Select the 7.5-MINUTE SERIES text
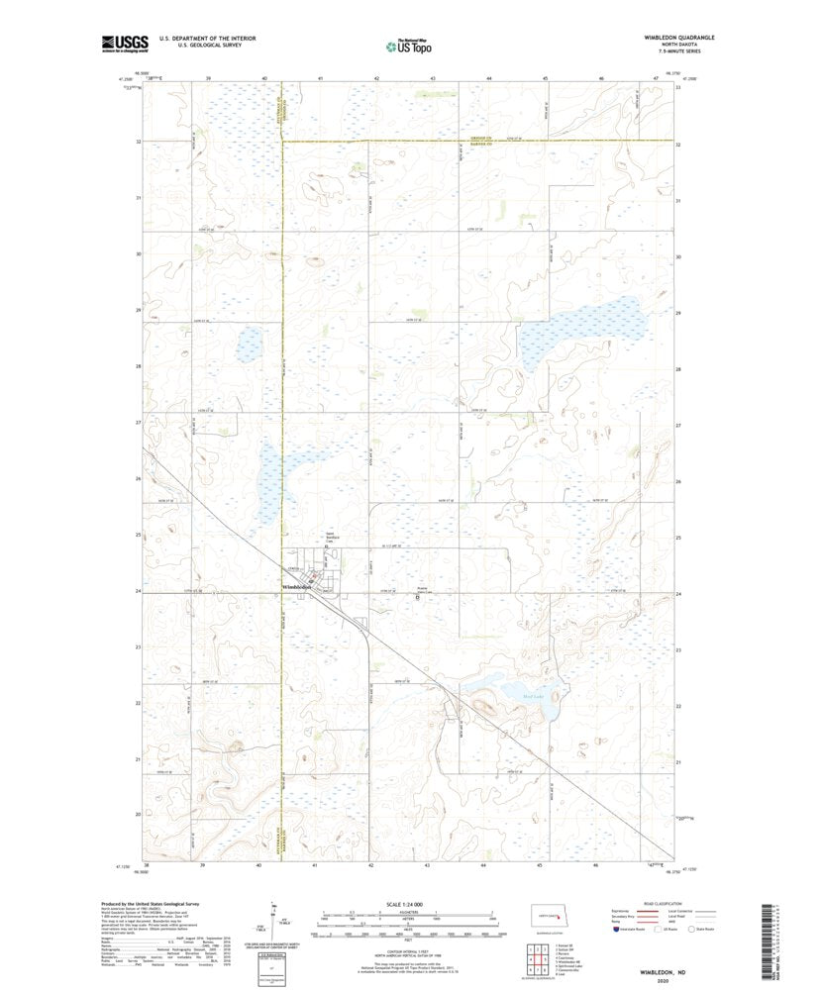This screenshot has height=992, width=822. (x=678, y=53)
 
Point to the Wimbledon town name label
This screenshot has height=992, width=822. (x=296, y=587)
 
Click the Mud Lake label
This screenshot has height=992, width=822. (x=532, y=698)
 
